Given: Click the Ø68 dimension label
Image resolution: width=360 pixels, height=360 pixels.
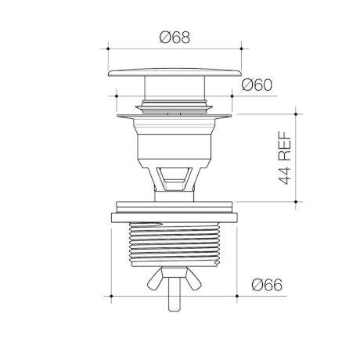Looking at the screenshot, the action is click(175, 38).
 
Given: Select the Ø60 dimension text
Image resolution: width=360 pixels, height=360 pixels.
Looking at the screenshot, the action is click(257, 85).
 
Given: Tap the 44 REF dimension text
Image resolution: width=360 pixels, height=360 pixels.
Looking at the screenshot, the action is click(284, 157).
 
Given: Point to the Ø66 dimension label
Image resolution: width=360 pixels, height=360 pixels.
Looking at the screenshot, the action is click(267, 285).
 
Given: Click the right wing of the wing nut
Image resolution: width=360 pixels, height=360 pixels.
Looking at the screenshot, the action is click(193, 280).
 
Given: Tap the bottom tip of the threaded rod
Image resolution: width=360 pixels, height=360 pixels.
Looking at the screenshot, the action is click(175, 311).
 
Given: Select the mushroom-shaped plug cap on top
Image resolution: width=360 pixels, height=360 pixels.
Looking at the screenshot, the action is click(175, 73).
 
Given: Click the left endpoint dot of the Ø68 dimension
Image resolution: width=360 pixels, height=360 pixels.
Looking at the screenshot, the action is click(108, 49).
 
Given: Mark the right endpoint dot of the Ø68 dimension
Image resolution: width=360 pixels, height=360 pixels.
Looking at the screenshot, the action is click(241, 49).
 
